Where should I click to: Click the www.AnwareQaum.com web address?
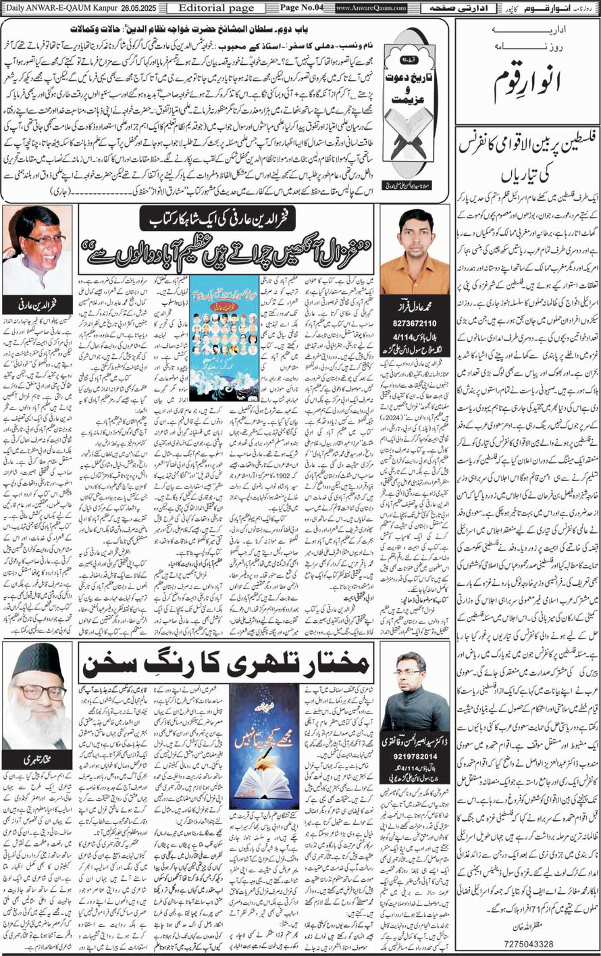click(x=371, y=8)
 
